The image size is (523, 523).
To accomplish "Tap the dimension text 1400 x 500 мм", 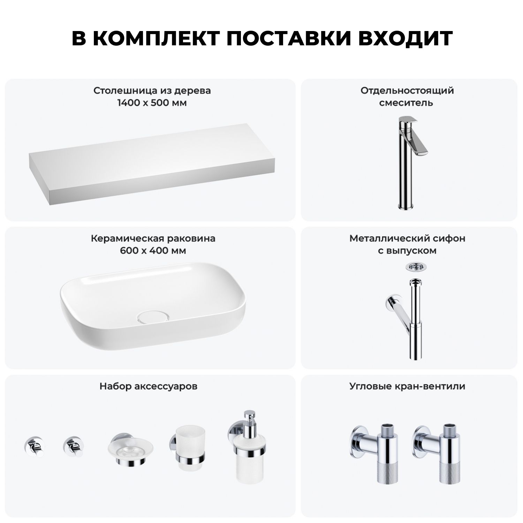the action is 152,103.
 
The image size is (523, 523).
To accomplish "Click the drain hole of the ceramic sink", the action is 153,317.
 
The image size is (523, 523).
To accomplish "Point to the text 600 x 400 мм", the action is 153,251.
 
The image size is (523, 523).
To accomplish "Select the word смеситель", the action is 406,103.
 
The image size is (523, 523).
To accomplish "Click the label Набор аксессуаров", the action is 149,386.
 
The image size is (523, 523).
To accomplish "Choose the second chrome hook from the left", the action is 73,447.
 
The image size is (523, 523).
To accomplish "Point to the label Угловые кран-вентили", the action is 407,386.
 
